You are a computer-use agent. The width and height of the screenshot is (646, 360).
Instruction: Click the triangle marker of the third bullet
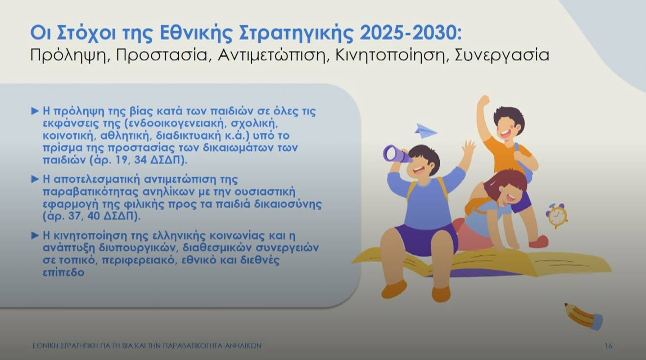35,236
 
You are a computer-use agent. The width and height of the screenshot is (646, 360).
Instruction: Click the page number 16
608,346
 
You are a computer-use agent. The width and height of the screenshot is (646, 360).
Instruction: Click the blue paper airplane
425,131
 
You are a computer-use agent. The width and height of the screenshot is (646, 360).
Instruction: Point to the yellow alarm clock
557,216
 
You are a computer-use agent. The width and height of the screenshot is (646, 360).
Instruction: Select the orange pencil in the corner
583,316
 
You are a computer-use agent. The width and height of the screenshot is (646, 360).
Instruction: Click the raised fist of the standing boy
484,101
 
